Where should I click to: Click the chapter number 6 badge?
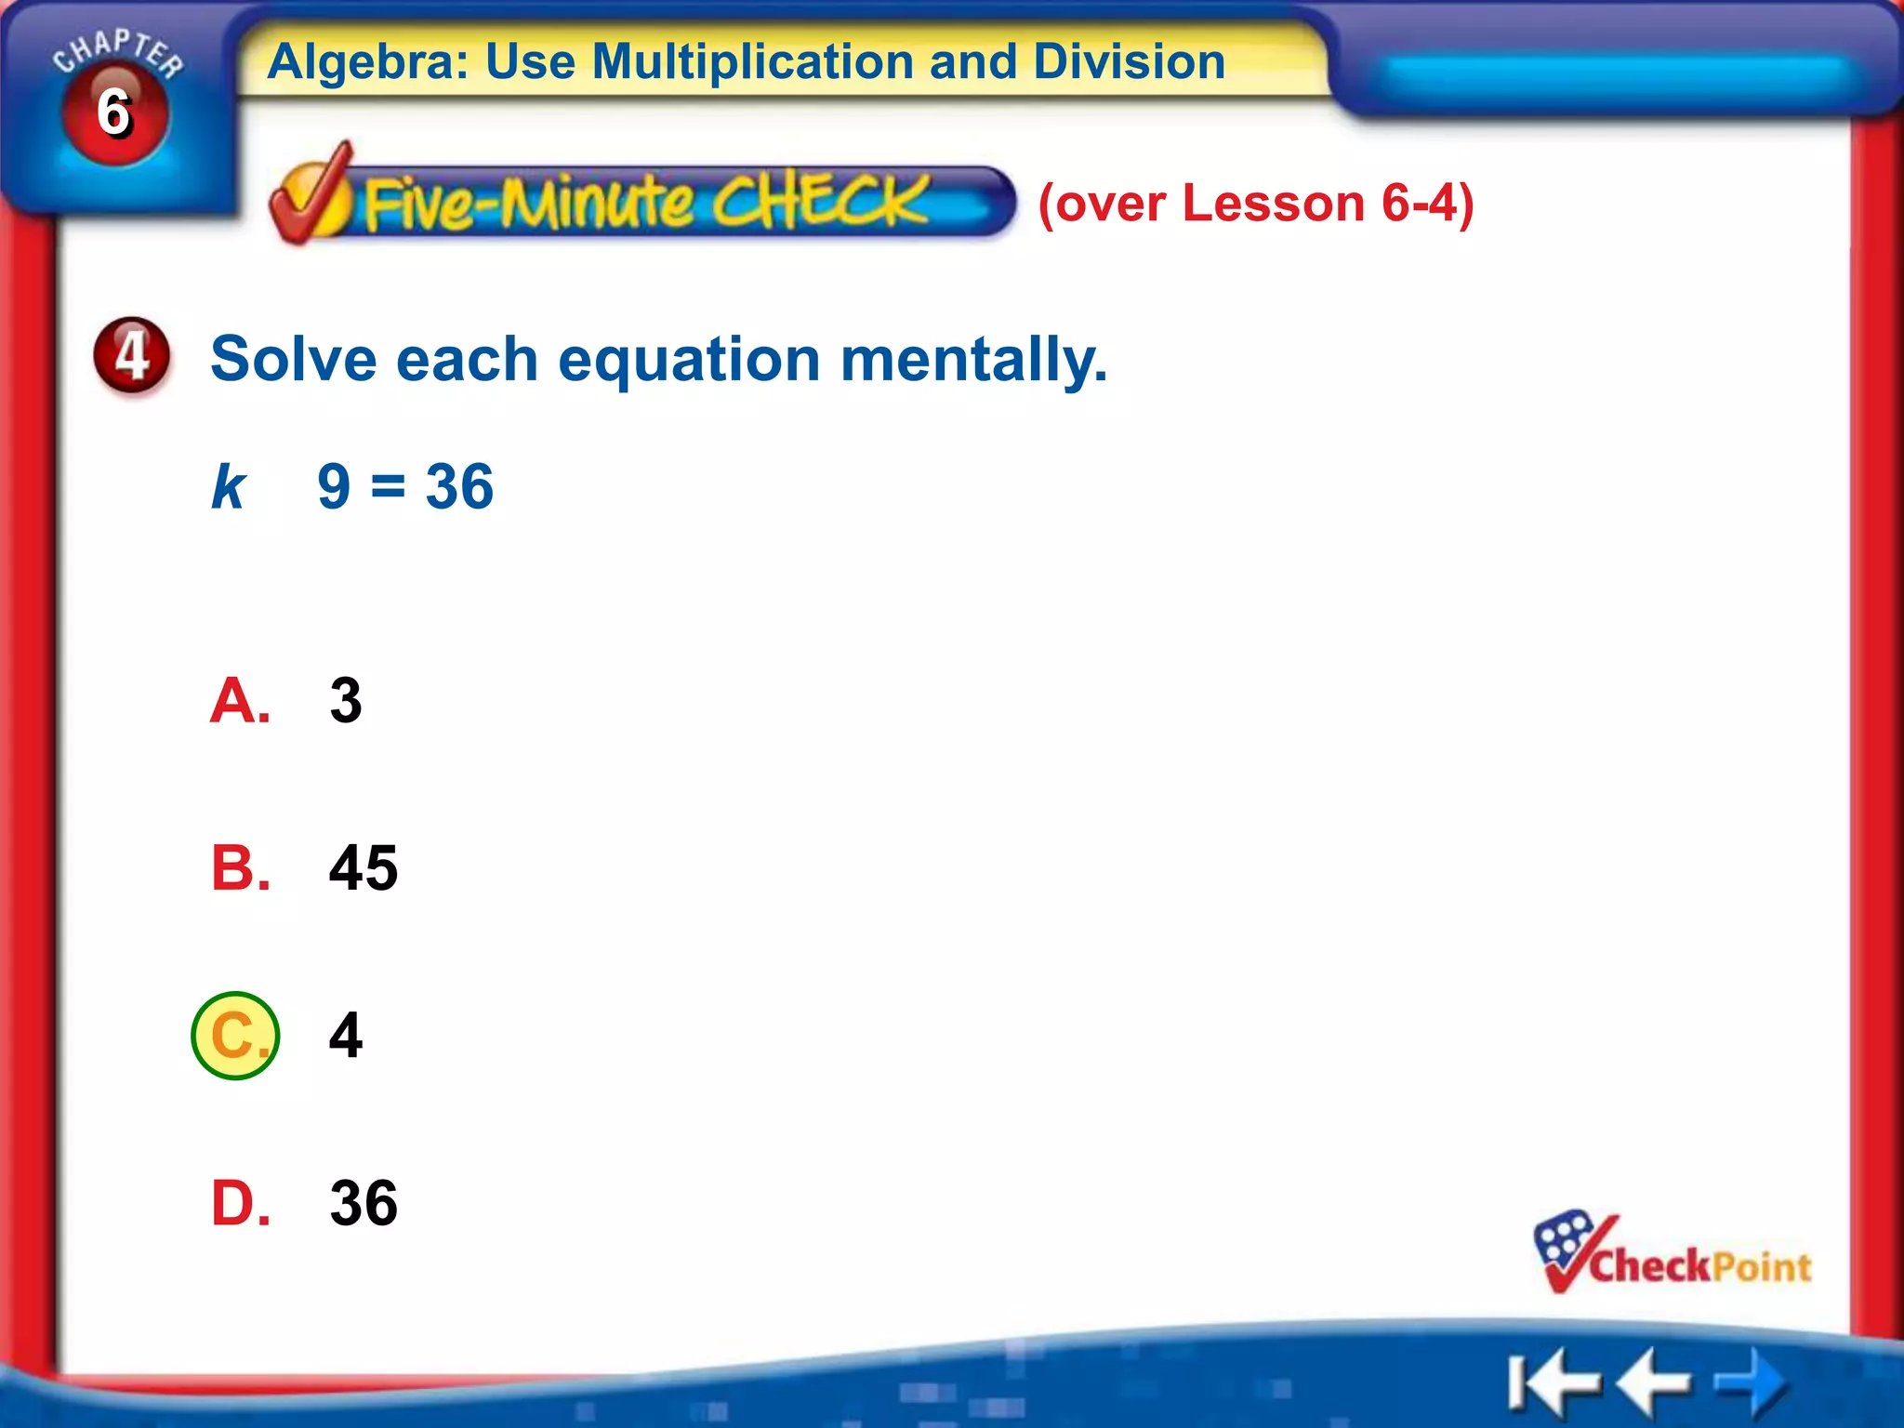[114, 112]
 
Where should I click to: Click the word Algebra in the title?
[368, 62]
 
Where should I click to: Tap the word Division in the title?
[1129, 62]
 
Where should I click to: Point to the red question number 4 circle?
[132, 355]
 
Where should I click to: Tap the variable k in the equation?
[228, 486]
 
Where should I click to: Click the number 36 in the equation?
[459, 486]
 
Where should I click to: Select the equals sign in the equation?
[388, 486]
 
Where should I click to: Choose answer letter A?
[240, 700]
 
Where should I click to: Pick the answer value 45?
[364, 867]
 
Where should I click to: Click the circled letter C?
[236, 1035]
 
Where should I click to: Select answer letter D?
[240, 1203]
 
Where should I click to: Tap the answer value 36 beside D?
[364, 1203]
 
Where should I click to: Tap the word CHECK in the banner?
[820, 202]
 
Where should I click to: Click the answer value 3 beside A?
[346, 700]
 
